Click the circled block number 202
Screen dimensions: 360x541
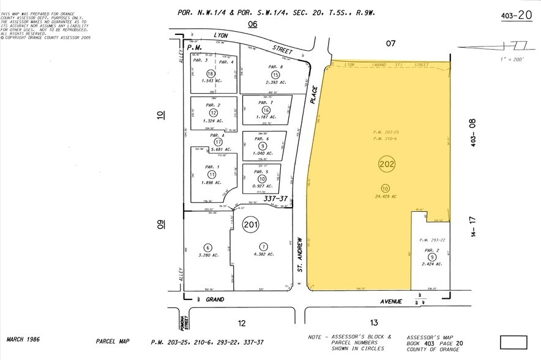[387, 164]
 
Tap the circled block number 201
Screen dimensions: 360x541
[250, 224]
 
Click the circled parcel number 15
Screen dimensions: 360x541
[275, 75]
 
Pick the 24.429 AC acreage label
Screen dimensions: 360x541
[386, 197]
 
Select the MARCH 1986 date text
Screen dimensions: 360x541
[24, 339]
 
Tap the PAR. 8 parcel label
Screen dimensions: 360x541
[275, 66]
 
